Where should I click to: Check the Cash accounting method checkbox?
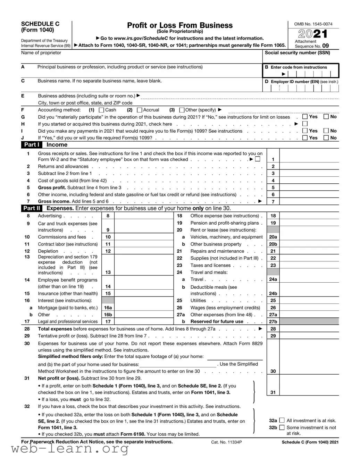pos(101,110)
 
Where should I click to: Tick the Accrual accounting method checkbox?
pos(140,110)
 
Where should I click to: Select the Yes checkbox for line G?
pos(305,117)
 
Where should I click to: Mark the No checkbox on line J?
pos(326,138)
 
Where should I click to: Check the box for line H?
pos(305,124)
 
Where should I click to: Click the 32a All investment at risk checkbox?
pos(282,420)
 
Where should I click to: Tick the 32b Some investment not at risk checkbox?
pos(282,427)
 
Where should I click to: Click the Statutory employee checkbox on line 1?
pos(258,159)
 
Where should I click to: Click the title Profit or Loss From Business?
pos(180,25)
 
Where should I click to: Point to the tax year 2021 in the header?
pos(313,34)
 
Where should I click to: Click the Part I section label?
pos(31,145)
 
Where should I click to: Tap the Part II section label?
pos(32,208)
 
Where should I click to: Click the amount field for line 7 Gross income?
pos(309,201)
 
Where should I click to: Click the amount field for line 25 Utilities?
pos(309,301)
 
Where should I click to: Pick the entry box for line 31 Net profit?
pos(309,385)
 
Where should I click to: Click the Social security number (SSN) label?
pos(297,53)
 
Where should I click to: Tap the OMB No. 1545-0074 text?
pos(313,24)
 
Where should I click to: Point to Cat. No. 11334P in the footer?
pos(226,442)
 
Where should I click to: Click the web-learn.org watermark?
pos(69,449)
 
